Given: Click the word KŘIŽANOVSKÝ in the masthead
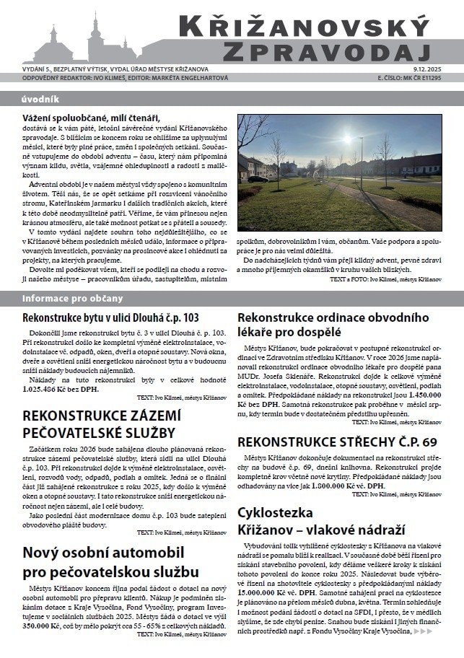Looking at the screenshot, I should coord(311,27).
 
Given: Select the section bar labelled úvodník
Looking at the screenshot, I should coord(40,99).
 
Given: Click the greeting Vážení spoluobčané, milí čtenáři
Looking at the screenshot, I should coord(91,118).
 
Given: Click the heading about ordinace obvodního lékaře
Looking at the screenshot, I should coord(333,325).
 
